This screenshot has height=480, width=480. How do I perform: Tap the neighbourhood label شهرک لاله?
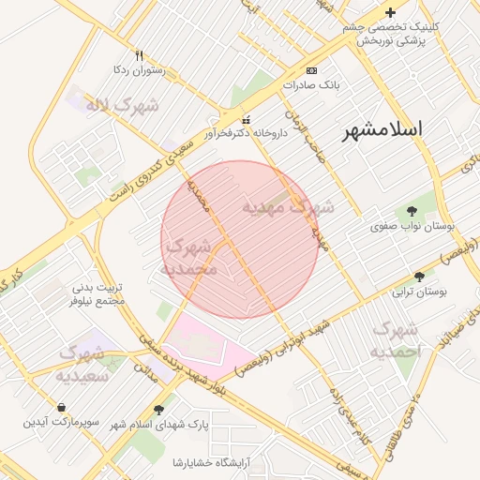tap(122, 105)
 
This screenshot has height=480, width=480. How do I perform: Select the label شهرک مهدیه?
tap(288, 206)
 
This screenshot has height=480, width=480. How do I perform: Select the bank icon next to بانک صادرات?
tap(311, 70)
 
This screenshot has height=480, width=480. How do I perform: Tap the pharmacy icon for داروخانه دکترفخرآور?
tap(247, 120)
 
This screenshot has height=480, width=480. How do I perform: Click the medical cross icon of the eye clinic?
tap(391, 13)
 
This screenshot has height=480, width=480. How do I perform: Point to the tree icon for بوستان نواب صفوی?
tap(412, 211)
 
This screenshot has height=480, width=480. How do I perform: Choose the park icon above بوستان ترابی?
tap(418, 277)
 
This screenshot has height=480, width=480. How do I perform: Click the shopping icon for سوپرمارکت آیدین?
tap(61, 408)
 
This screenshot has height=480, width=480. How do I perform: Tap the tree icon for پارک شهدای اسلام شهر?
tap(158, 410)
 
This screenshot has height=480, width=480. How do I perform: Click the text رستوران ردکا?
tap(139, 69)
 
